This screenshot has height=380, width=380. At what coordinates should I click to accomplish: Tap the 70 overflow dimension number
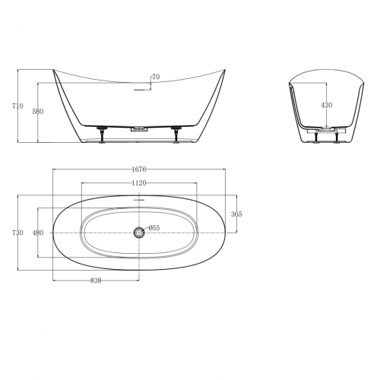tap(155, 77)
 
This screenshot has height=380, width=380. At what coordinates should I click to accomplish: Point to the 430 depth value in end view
tap(325, 105)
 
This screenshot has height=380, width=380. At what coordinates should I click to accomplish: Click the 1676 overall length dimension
tap(138, 169)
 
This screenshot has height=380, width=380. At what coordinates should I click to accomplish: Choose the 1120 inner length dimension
tap(138, 183)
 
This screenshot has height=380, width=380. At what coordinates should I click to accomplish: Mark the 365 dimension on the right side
tap(236, 214)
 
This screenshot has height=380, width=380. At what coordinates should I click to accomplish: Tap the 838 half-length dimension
tap(96, 280)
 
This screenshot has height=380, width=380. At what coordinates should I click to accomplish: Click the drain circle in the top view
tap(138, 232)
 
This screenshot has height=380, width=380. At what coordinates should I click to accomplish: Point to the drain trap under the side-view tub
tap(139, 131)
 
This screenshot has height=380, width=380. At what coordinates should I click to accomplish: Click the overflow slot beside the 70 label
tap(138, 89)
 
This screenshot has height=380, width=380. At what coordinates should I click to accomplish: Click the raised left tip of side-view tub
tap(53, 70)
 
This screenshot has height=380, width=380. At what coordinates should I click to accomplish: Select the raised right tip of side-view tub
tap(226, 70)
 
